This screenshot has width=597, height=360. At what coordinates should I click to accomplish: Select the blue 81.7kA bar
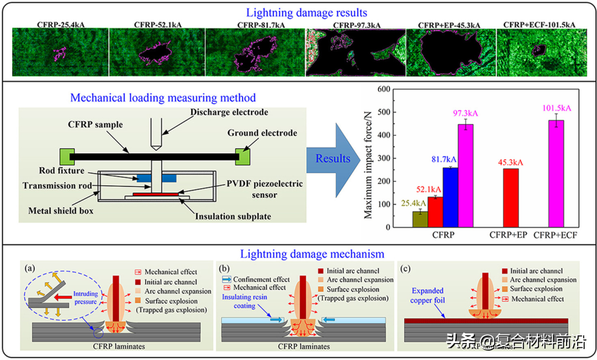(x=451, y=197)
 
